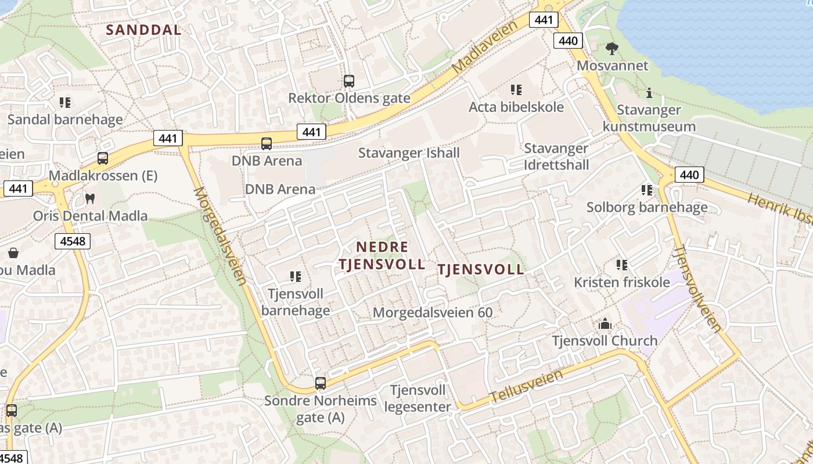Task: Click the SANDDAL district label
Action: [x=143, y=30]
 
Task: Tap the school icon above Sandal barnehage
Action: [x=65, y=103]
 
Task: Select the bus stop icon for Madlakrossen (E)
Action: [x=103, y=158]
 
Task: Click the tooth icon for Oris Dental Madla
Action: [x=89, y=198]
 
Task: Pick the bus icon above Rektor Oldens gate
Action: [x=348, y=81]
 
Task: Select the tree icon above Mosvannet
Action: [x=611, y=48]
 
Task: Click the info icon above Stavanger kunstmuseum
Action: [x=649, y=93]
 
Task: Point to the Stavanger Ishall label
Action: [x=409, y=153]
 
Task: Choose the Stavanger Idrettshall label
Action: [x=556, y=157]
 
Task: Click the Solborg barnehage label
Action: [x=647, y=207]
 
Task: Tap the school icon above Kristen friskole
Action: [x=622, y=265]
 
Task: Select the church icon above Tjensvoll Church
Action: [x=605, y=324]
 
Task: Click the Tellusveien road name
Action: [x=527, y=386]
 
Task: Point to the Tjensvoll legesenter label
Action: [x=418, y=398]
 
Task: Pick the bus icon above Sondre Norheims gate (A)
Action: [x=321, y=383]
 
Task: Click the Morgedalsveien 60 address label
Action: [x=433, y=313]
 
